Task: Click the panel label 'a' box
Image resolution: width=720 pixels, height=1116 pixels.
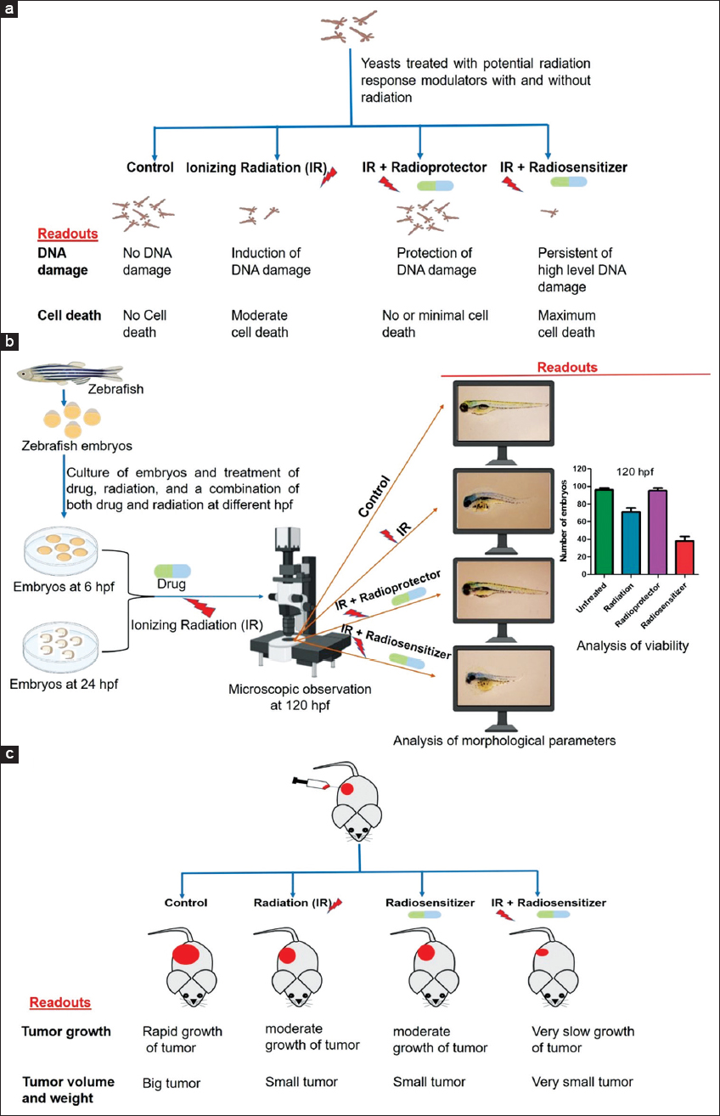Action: coord(9,9)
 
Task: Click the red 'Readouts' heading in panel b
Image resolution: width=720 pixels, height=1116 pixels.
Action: coord(568,368)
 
